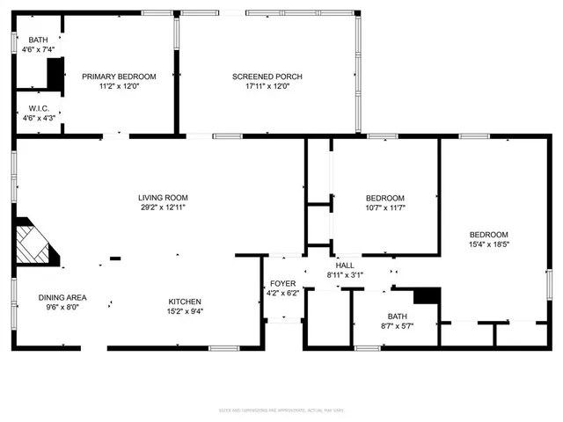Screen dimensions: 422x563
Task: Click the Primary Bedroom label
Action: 119,76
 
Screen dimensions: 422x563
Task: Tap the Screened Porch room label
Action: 267,76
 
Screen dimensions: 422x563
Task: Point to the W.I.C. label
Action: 38,108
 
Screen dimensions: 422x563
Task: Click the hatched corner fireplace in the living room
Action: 35,242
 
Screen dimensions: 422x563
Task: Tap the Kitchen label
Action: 186,301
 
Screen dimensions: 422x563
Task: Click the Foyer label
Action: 282,283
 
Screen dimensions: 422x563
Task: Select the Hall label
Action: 345,265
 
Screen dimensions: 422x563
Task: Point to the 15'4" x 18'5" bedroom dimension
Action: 488,244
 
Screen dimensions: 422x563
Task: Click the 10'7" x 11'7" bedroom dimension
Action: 385,207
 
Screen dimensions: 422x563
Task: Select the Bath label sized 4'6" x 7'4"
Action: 38,40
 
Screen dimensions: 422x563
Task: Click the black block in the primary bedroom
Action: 55,75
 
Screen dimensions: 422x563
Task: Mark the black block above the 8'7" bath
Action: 426,295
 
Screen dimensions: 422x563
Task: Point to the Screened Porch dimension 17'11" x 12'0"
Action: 267,86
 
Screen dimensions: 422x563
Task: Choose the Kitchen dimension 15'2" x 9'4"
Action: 186,310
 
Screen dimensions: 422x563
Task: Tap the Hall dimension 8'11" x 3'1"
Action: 345,274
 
